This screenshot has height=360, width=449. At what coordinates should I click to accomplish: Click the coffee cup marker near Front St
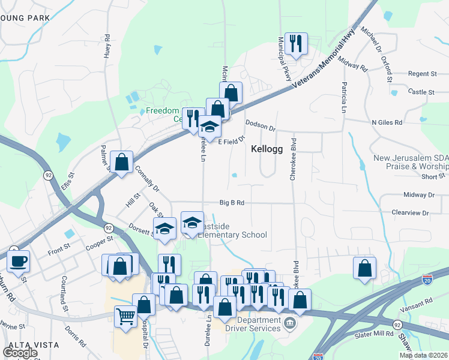(18, 261)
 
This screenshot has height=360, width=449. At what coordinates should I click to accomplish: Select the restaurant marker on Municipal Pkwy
(296, 43)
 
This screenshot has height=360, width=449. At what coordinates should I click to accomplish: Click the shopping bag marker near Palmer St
(122, 162)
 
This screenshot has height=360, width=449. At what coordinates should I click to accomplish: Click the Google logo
(20, 353)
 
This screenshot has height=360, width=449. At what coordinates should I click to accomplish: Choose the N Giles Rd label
(387, 122)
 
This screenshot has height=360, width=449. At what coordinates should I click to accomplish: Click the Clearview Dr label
(410, 212)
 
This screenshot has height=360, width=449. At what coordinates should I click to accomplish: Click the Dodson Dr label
(260, 128)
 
